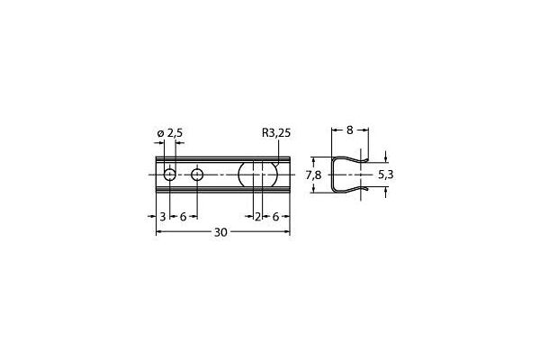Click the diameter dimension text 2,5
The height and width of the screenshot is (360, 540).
pyautogui.click(x=174, y=133)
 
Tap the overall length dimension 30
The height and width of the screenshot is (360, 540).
pyautogui.click(x=220, y=232)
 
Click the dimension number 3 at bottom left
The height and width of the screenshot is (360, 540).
pyautogui.click(x=162, y=217)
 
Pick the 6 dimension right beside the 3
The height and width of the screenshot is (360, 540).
pyautogui.click(x=183, y=217)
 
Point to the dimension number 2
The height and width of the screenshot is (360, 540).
pyautogui.click(x=257, y=217)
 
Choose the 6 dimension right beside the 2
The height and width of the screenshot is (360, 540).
pyautogui.click(x=274, y=217)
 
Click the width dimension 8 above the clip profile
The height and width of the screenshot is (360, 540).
pyautogui.click(x=350, y=130)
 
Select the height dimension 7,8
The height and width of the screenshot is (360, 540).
pyautogui.click(x=312, y=175)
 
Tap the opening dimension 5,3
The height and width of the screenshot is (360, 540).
pyautogui.click(x=385, y=175)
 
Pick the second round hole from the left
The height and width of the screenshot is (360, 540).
pyautogui.click(x=198, y=174)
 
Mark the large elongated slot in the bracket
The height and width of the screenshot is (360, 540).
pyautogui.click(x=256, y=174)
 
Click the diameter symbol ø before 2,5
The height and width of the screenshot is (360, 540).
pyautogui.click(x=160, y=133)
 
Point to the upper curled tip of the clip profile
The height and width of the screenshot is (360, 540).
pyautogui.click(x=365, y=159)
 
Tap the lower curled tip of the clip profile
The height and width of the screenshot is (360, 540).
pyautogui.click(x=365, y=188)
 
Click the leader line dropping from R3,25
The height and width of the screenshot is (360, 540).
pyautogui.click(x=279, y=149)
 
